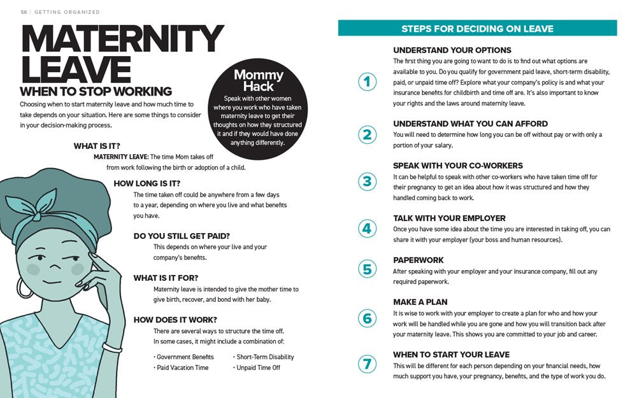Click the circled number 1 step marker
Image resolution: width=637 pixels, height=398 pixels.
(x=367, y=82)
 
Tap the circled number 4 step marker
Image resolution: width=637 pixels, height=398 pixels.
(x=367, y=228)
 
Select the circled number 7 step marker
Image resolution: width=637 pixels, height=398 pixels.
(x=367, y=365)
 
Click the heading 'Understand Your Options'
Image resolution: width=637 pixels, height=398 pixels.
(x=452, y=50)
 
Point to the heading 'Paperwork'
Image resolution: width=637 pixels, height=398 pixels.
(x=419, y=260)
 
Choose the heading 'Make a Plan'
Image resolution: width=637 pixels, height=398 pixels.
(x=420, y=302)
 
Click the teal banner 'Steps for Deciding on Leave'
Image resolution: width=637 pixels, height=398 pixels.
(x=477, y=29)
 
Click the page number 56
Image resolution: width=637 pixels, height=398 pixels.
(x=24, y=12)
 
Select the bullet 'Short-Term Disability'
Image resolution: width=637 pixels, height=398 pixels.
(x=264, y=357)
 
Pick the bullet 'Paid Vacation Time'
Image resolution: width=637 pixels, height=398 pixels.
(x=182, y=368)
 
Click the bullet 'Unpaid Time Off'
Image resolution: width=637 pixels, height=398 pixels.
(x=257, y=368)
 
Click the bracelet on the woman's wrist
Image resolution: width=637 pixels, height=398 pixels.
(x=112, y=348)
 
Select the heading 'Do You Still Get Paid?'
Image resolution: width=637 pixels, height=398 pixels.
(x=182, y=236)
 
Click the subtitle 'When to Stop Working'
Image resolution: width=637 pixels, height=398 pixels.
(x=96, y=91)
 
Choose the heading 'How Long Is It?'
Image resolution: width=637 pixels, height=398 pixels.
(x=147, y=183)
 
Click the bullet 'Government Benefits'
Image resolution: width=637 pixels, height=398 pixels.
(x=184, y=357)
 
